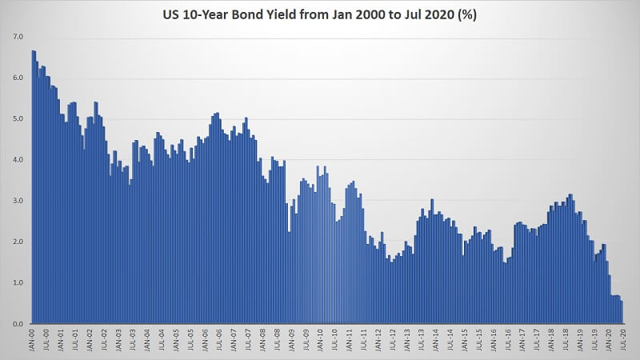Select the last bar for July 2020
[x=622, y=312]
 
